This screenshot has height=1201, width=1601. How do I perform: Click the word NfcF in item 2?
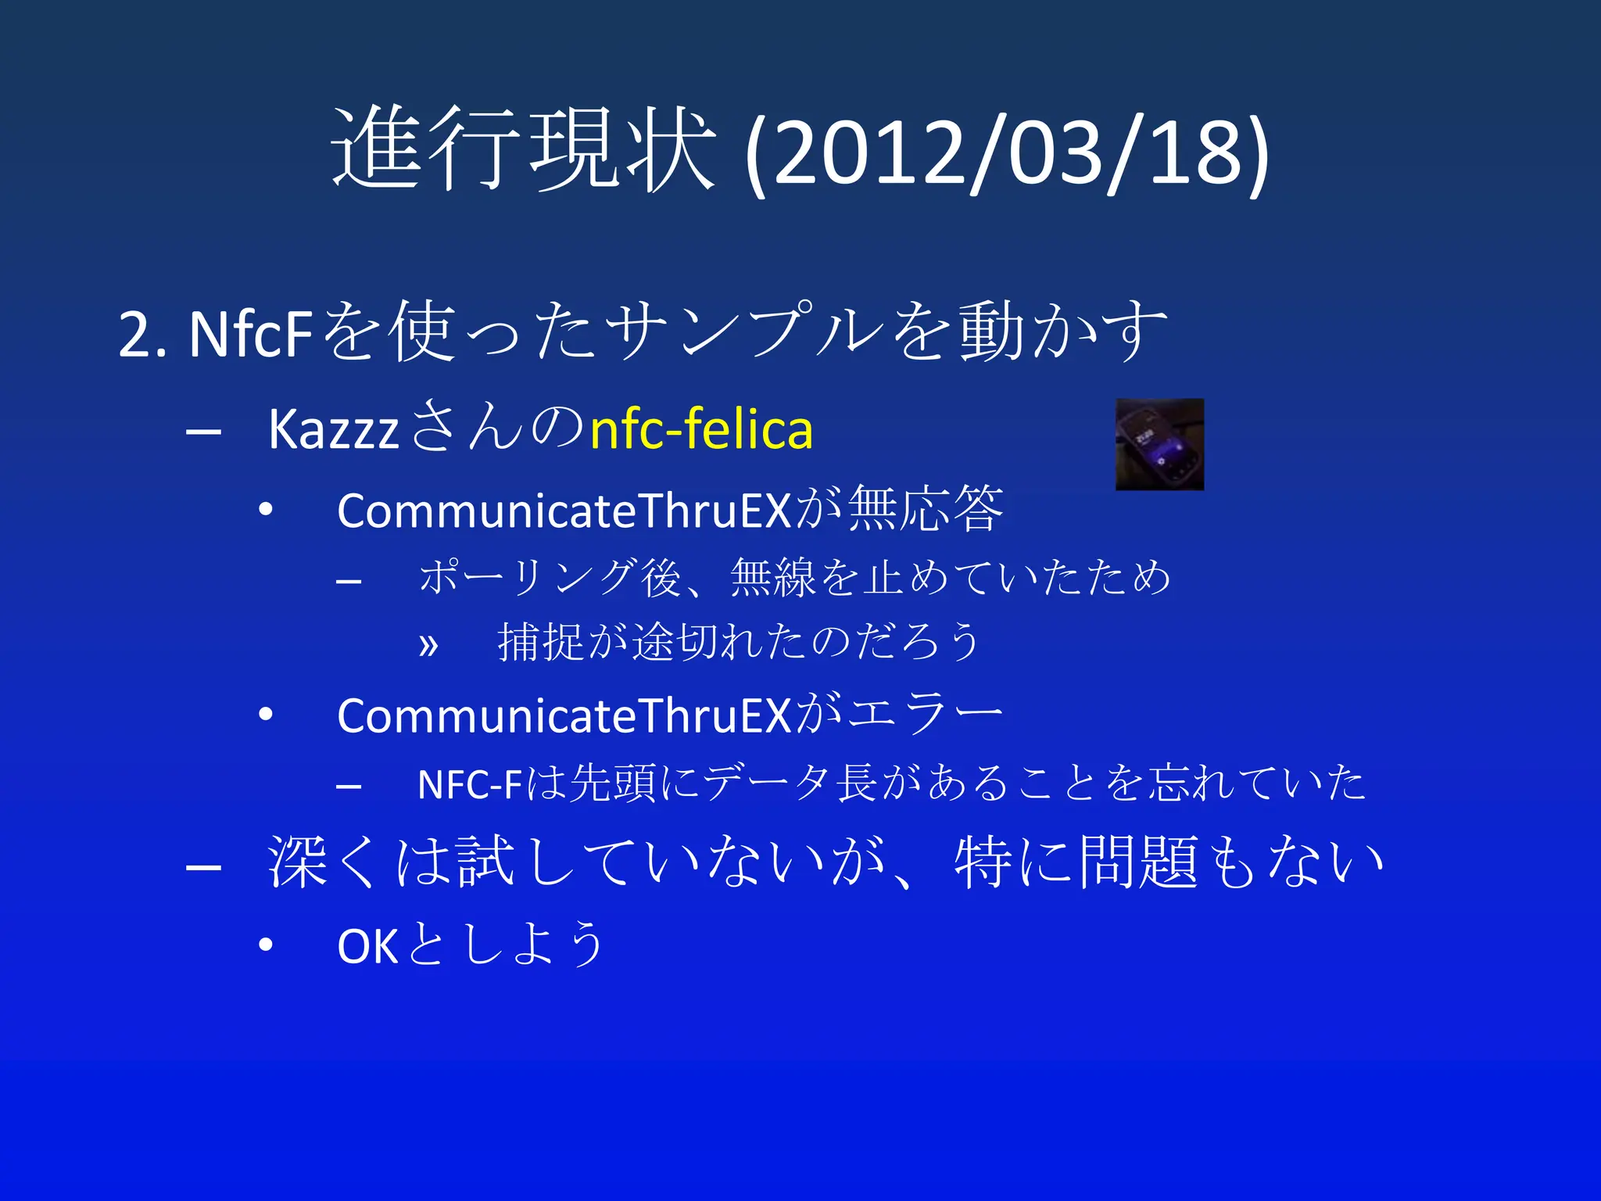(250, 335)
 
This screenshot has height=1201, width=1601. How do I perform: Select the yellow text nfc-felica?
(701, 429)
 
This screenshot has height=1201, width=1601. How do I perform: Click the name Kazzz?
(334, 430)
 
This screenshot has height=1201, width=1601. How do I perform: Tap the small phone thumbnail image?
(1159, 444)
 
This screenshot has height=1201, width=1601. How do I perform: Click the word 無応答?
(926, 509)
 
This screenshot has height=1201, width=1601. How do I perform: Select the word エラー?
(926, 714)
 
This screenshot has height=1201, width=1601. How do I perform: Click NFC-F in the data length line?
(469, 784)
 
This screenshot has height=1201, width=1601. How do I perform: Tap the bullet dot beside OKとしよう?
(266, 945)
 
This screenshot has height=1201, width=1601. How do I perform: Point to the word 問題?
(1139, 862)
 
